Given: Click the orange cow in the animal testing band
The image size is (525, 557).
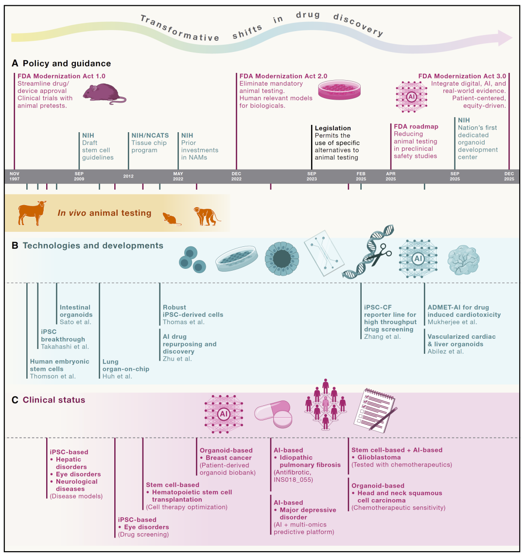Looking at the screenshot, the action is (32, 212).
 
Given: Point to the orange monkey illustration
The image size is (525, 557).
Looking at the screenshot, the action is (207, 216).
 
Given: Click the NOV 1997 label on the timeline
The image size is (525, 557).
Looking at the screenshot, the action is (15, 176).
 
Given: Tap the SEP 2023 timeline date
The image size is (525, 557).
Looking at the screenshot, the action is (312, 176).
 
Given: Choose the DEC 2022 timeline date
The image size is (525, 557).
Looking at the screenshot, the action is (236, 176).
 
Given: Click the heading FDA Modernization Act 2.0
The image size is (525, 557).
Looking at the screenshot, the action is (283, 76).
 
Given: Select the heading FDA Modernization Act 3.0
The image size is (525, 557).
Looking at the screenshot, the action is (462, 76).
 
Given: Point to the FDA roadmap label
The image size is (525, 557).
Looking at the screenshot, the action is (416, 126).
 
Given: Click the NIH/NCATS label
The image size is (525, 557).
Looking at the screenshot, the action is (148, 135).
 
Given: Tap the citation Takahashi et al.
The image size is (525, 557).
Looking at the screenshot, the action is (65, 347).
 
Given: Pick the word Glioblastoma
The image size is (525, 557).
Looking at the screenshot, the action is (379, 457).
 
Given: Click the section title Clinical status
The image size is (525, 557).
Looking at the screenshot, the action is (54, 400).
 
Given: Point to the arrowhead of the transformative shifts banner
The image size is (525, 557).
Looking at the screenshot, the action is (506, 37).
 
